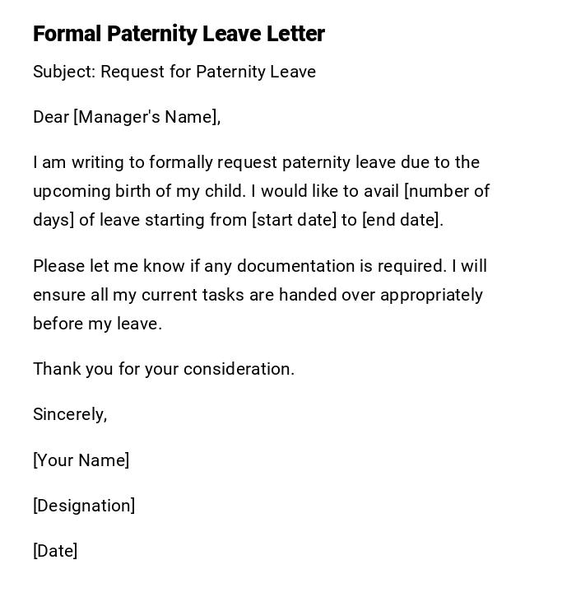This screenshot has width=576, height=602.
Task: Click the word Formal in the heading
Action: click(67, 34)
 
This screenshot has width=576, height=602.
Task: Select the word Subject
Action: click(63, 72)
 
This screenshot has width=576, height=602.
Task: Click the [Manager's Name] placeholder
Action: click(146, 117)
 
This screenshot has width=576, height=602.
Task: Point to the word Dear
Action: click(51, 117)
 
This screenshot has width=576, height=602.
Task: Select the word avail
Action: click(379, 191)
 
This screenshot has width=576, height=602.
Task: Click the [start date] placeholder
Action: click(293, 220)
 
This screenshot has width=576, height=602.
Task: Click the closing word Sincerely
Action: click(70, 414)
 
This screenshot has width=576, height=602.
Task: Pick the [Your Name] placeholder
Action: click(81, 460)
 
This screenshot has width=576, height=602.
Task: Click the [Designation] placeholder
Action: click(84, 506)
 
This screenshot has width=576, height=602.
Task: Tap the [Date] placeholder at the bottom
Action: click(55, 551)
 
